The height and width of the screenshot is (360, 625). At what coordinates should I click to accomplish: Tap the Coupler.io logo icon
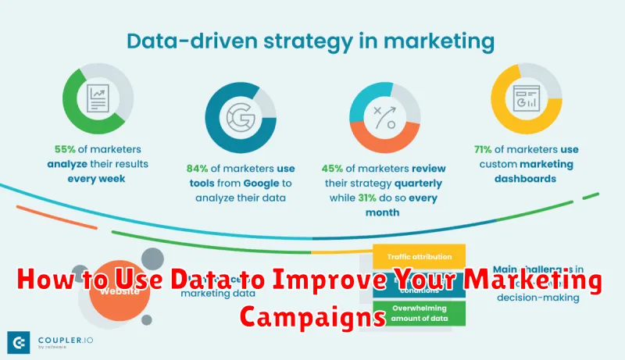pyautogui.click(x=19, y=342)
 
